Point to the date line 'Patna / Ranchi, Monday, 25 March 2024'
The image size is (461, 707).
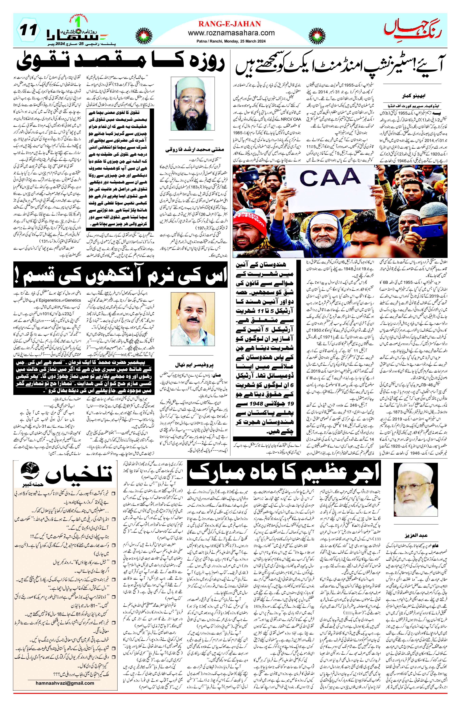coord(229,41)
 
